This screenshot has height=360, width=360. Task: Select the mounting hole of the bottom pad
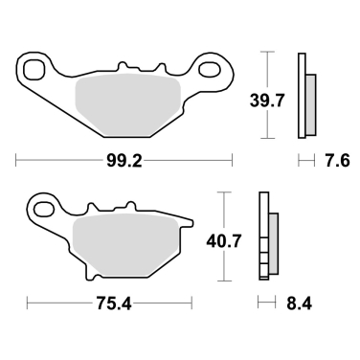[x=44, y=205]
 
